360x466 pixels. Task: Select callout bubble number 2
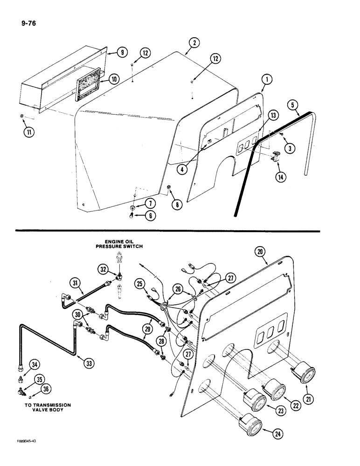pyautogui.click(x=194, y=44)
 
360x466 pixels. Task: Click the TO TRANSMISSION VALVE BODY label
pyautogui.click(x=44, y=408)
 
